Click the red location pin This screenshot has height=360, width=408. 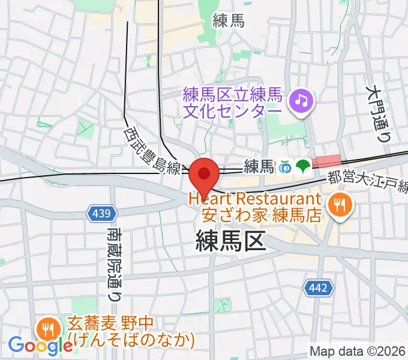point(205,174)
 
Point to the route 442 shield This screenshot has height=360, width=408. point(318,288)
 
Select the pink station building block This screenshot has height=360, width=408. point(327,161)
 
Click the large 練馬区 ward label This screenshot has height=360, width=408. point(230,242)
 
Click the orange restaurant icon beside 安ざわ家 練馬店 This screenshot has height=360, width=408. point(341,206)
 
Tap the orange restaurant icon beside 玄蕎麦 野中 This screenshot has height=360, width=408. point(46,329)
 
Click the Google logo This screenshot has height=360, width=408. point(40,345)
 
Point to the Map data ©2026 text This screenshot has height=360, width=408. point(358,351)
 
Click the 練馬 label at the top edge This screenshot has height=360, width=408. point(229,22)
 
